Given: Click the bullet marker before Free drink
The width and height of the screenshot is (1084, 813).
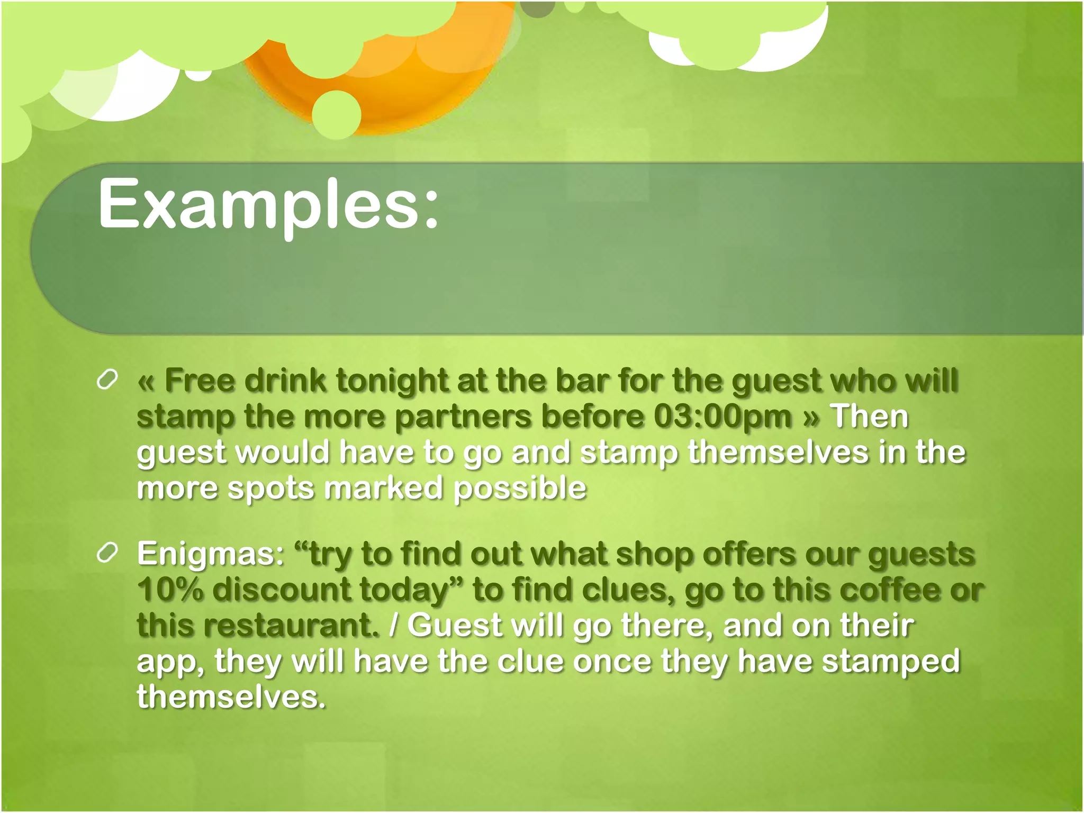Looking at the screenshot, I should [x=107, y=380].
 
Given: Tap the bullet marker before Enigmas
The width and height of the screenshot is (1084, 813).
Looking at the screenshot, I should [x=107, y=553].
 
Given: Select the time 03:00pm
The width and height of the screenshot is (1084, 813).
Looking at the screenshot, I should [x=722, y=417].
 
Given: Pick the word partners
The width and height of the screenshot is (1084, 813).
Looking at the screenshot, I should [x=463, y=417].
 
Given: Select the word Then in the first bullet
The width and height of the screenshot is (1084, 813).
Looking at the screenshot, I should [x=869, y=417].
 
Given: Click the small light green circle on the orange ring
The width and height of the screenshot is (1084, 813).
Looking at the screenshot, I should [x=337, y=114].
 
